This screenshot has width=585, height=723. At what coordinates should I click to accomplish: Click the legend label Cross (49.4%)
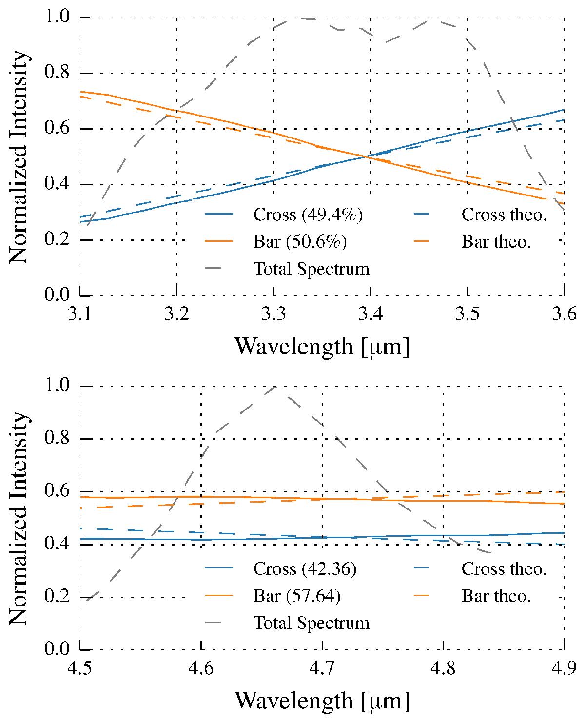pyautogui.click(x=308, y=215)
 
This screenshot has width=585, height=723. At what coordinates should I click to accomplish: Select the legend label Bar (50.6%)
pyautogui.click(x=300, y=242)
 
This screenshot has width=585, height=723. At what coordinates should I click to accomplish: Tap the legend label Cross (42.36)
pyautogui.click(x=305, y=568)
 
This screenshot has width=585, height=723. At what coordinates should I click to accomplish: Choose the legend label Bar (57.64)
pyautogui.click(x=297, y=596)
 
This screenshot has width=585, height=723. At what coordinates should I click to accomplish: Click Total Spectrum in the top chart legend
pyautogui.click(x=312, y=269)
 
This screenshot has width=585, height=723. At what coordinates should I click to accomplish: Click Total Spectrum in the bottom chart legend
pyautogui.click(x=312, y=623)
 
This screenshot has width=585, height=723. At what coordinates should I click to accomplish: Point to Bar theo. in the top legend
pyautogui.click(x=496, y=242)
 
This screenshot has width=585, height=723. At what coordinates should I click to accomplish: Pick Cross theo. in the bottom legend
pyautogui.click(x=504, y=568)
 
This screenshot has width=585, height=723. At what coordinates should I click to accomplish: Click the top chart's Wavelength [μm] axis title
pyautogui.click(x=322, y=347)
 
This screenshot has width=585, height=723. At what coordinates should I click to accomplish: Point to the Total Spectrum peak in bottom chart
pyautogui.click(x=276, y=387)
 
